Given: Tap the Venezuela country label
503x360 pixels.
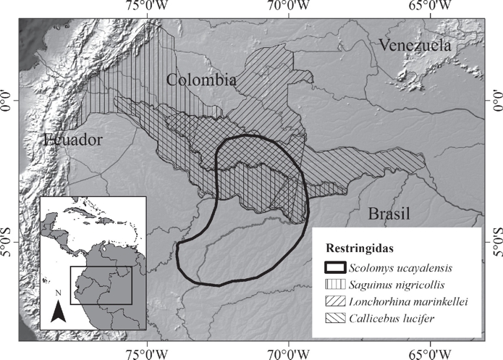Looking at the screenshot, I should coord(414,46).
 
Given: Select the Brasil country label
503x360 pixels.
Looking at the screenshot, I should coord(389,214).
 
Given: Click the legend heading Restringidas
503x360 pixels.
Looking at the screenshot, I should coord(359,248).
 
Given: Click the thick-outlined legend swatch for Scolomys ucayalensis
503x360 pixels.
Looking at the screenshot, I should coord(332,269).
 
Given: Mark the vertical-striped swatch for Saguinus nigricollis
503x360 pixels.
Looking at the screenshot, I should coord(332,285).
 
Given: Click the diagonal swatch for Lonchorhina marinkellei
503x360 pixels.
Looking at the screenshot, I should coord(332,302).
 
